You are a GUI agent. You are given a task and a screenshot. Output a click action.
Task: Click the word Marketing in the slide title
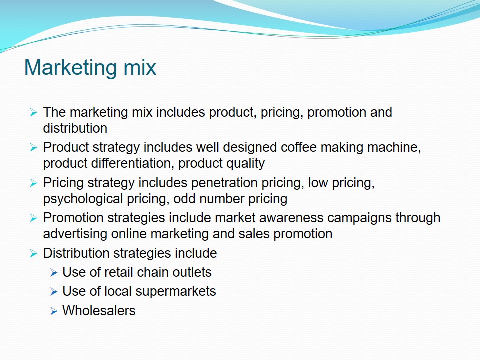70,68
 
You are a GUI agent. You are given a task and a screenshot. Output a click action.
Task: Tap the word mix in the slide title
140,67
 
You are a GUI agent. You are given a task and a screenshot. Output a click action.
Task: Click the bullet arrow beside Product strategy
33,148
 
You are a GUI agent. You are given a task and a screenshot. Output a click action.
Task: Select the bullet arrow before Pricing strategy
33,183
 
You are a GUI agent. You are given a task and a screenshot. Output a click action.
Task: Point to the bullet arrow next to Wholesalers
54,311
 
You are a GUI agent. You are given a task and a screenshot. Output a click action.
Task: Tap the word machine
394,147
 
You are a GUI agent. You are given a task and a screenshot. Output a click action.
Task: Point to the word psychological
83,199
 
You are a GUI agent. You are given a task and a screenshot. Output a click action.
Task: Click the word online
129,234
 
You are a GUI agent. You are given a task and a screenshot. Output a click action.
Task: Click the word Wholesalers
99,311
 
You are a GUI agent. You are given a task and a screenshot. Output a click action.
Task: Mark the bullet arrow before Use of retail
54,273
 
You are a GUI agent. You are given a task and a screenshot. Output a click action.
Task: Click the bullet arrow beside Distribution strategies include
33,254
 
